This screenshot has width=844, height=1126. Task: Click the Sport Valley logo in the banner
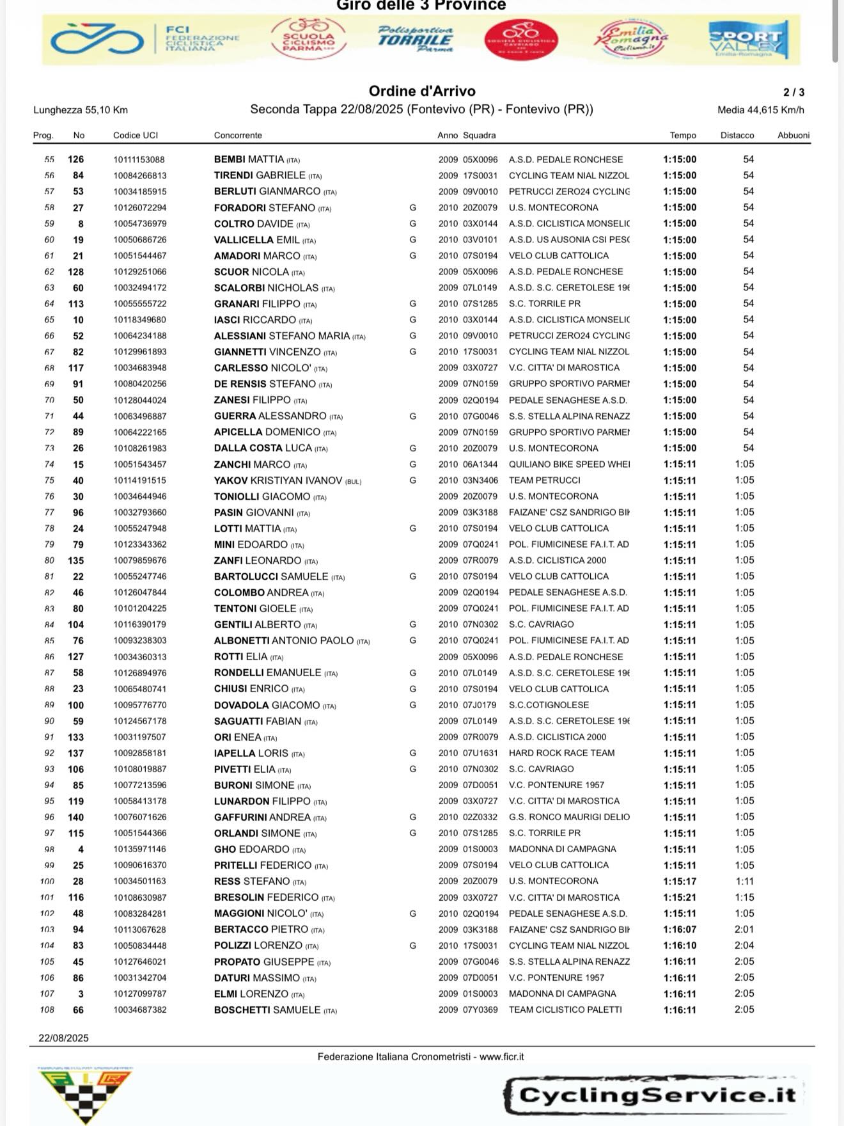(748, 40)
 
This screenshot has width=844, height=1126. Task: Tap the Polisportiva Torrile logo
(416, 40)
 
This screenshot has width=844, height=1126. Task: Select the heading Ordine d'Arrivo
(422, 91)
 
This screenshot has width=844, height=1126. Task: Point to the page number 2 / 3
(794, 92)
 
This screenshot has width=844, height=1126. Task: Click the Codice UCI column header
(136, 135)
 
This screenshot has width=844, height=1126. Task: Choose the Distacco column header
(737, 135)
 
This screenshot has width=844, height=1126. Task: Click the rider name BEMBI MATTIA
(249, 159)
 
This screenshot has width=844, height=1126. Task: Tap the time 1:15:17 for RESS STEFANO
(680, 882)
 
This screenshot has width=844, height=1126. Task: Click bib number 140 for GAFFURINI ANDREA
(75, 817)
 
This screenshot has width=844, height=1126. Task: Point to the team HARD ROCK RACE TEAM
(561, 753)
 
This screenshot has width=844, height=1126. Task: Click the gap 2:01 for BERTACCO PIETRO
(744, 930)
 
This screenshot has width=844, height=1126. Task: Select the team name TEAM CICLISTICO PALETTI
(565, 1010)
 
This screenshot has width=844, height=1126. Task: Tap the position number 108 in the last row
(47, 1010)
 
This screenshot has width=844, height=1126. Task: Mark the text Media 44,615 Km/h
(761, 110)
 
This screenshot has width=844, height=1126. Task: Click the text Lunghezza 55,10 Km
(81, 110)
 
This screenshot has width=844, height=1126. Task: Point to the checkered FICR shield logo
(85, 1095)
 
